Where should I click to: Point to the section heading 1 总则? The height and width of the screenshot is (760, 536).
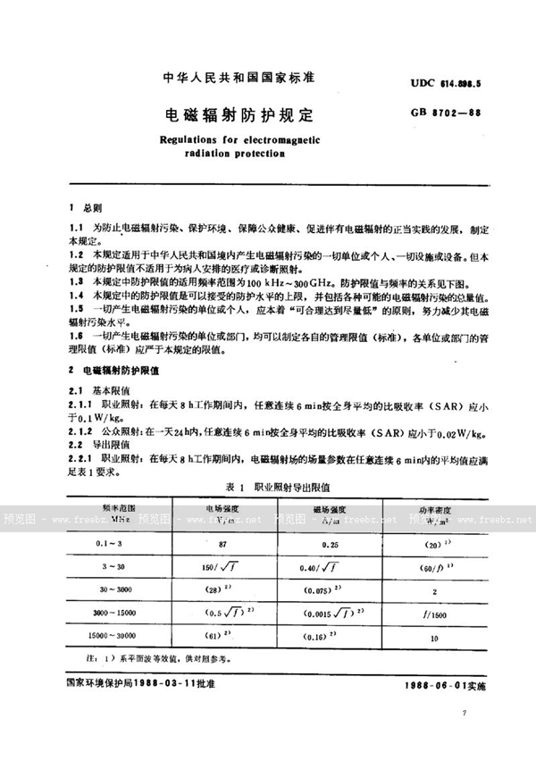coord(87,205)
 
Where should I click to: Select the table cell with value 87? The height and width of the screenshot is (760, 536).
coord(207,543)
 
